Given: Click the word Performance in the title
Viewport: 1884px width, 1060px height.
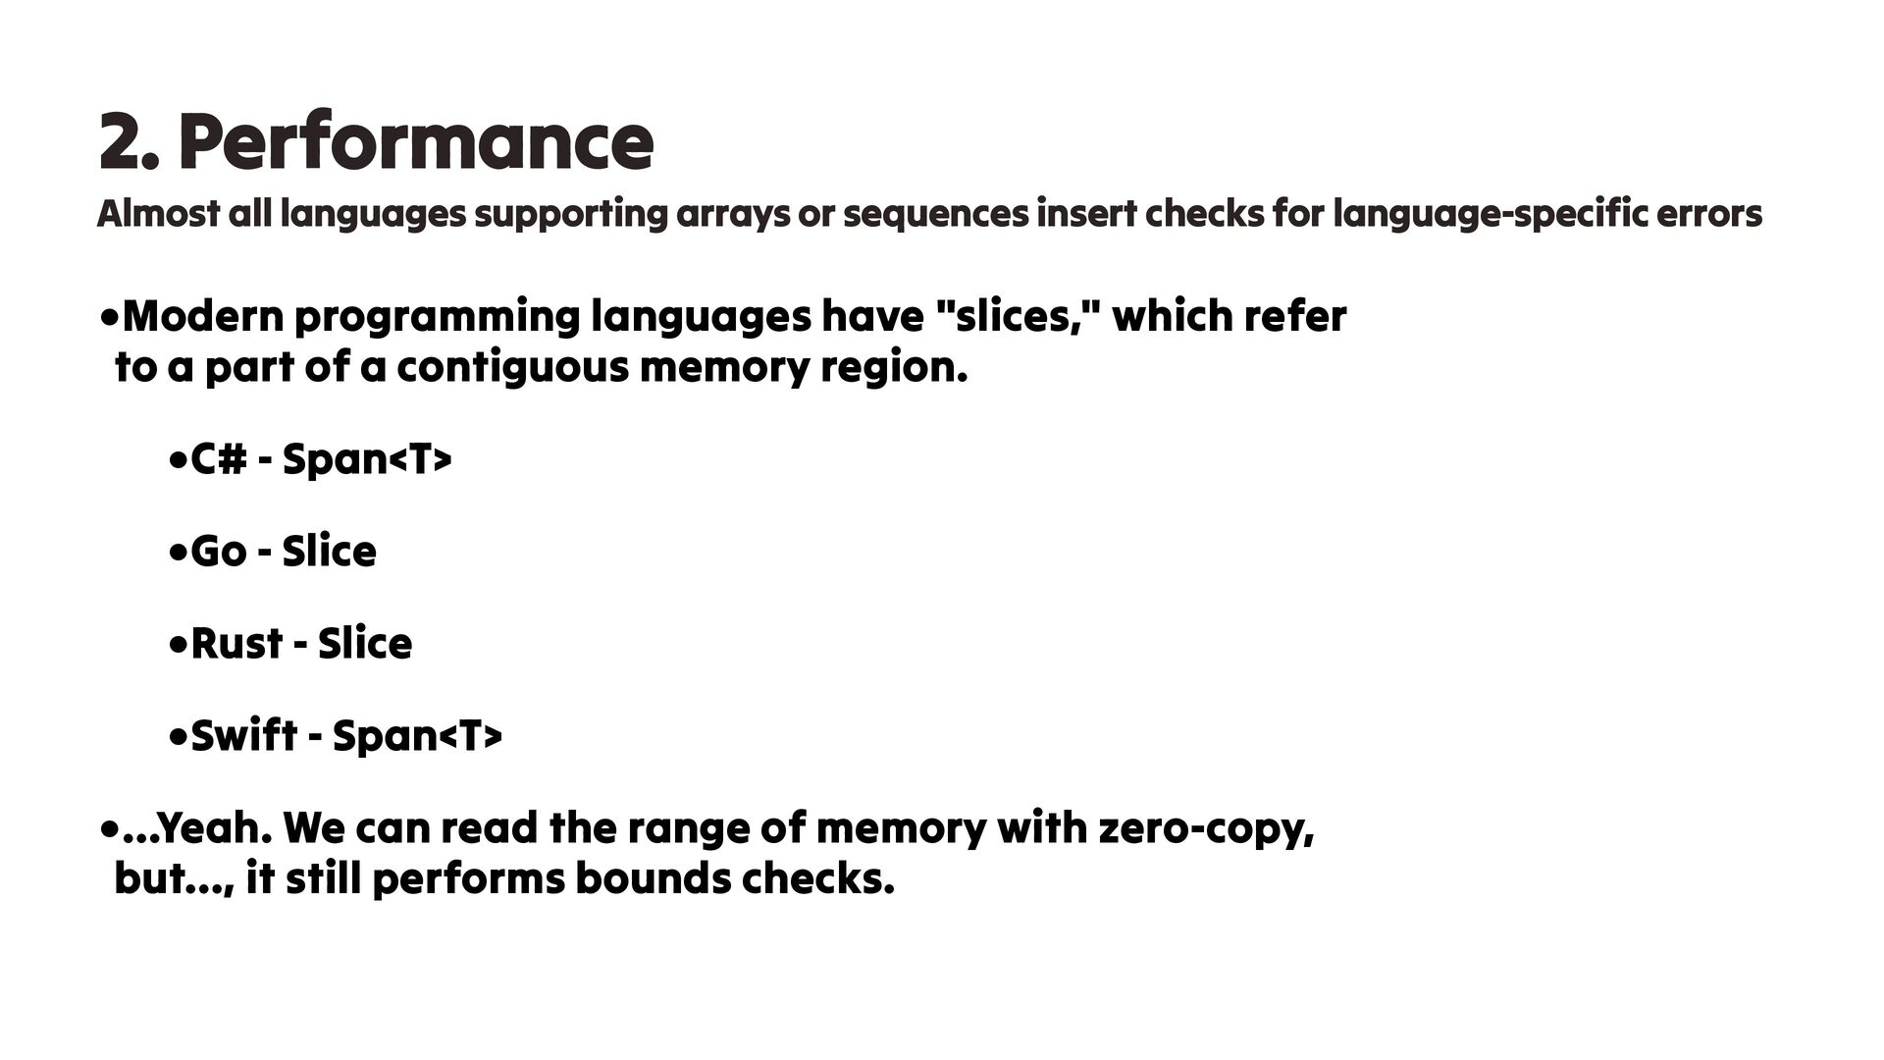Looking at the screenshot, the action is [x=416, y=142].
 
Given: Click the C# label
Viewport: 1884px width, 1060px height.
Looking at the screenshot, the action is [x=218, y=459].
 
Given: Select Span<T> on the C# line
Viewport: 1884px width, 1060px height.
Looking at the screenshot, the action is [x=367, y=459].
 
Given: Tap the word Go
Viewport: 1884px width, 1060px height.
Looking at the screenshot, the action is [x=218, y=552].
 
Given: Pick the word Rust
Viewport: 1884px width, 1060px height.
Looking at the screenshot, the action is [x=236, y=644].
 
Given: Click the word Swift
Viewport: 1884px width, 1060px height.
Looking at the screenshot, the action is [x=243, y=735].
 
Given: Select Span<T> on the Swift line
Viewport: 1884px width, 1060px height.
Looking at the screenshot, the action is [x=417, y=735].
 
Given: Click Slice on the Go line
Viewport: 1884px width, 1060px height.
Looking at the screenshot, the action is [x=329, y=552].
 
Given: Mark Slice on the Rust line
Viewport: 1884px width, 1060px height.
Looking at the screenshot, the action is [x=365, y=644].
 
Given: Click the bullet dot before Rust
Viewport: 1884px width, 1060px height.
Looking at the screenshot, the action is [x=178, y=646].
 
